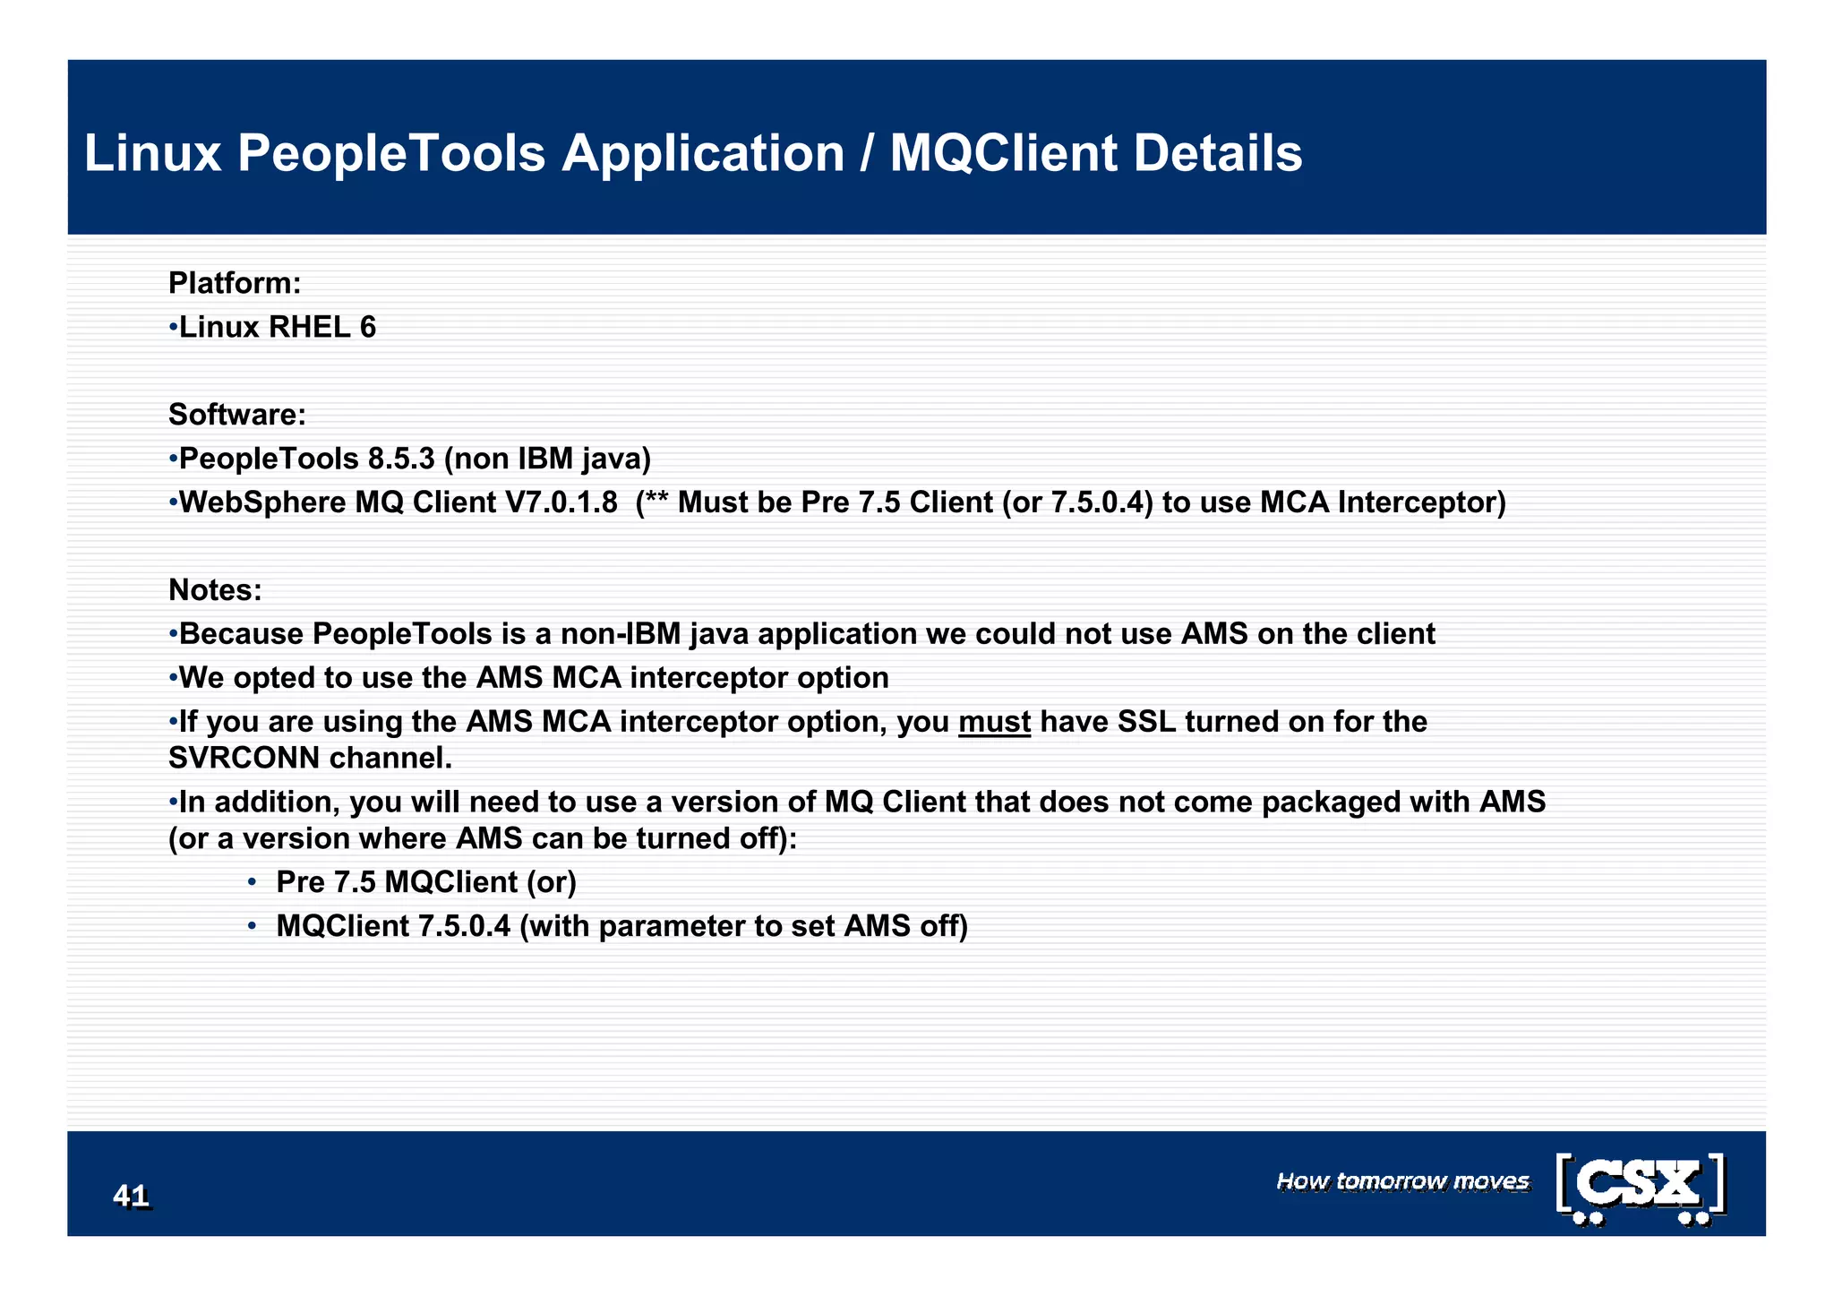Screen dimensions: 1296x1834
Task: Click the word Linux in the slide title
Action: (x=152, y=153)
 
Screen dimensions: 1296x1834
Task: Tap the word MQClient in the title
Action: (x=1003, y=153)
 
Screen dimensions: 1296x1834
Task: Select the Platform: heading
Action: (x=235, y=283)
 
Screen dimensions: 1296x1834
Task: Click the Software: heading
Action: (x=237, y=415)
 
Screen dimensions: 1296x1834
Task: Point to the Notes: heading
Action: (x=215, y=590)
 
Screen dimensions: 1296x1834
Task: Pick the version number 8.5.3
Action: (x=400, y=459)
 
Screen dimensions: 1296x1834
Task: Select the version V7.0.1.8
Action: (x=561, y=502)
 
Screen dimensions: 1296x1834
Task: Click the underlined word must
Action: (x=994, y=722)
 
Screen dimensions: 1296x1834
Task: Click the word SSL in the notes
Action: (x=1146, y=722)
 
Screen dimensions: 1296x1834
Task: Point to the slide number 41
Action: (x=131, y=1196)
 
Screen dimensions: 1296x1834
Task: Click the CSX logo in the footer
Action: (x=1641, y=1188)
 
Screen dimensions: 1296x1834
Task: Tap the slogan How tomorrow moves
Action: (x=1402, y=1181)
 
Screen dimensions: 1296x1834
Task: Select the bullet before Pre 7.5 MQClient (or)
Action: (x=253, y=883)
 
